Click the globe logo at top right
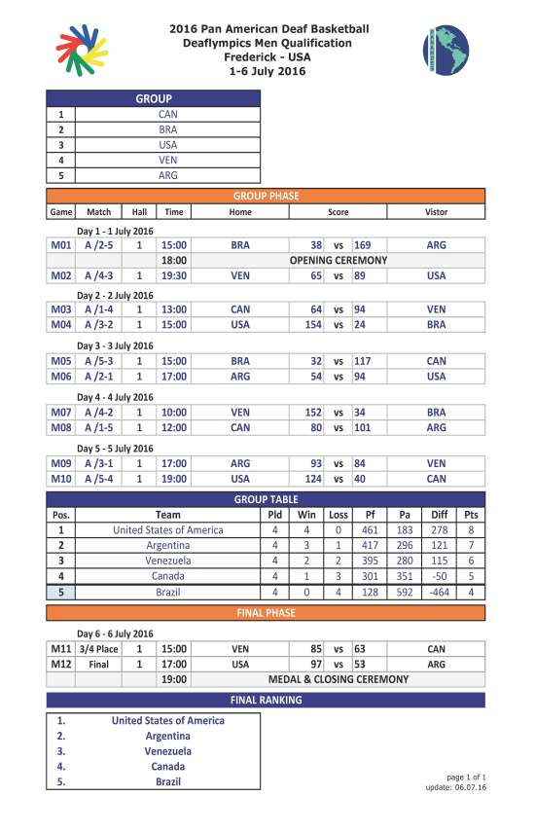[x=446, y=49]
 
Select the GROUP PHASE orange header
[x=266, y=196]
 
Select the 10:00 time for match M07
[x=174, y=413]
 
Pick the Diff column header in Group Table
[x=438, y=515]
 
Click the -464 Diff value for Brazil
[x=438, y=592]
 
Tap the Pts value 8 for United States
[x=472, y=530]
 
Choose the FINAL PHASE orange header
[x=266, y=613]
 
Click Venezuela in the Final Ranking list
[x=167, y=751]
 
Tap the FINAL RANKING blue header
[x=266, y=700]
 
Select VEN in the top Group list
[x=167, y=160]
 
